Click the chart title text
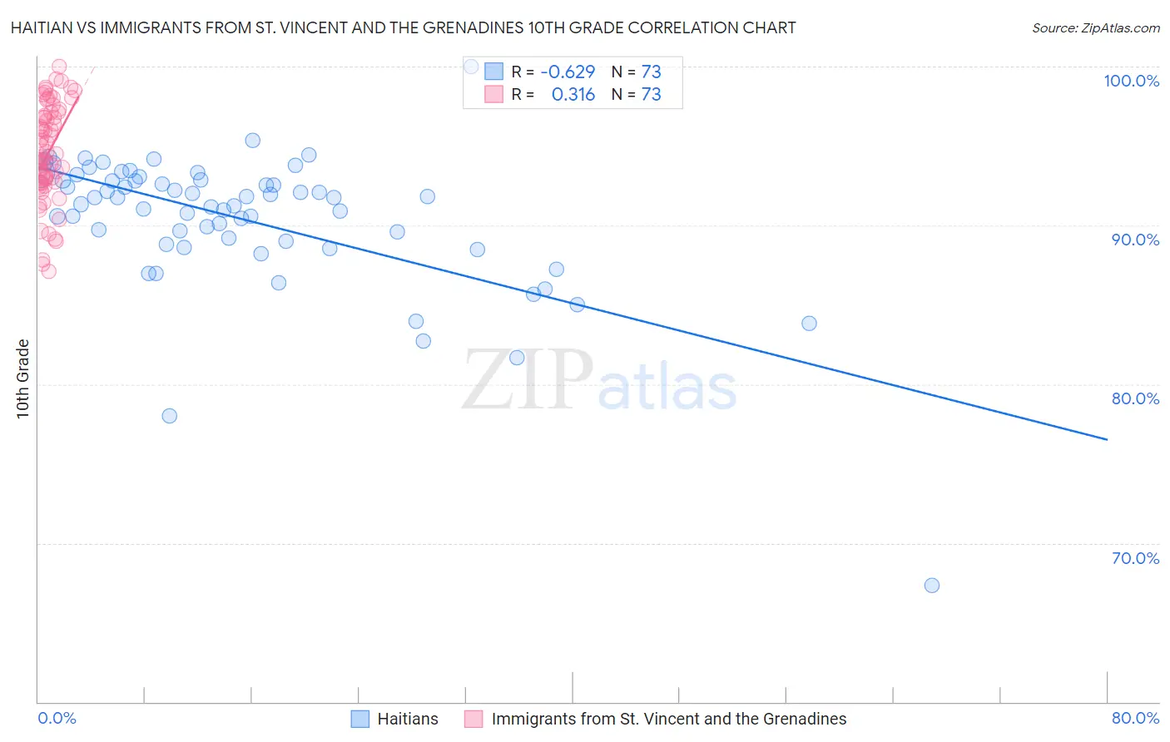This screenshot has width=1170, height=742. pyautogui.click(x=403, y=28)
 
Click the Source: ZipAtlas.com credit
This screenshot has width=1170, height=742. pyautogui.click(x=1095, y=28)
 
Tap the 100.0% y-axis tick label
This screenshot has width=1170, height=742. pyautogui.click(x=1131, y=81)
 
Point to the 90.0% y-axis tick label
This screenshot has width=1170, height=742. pyautogui.click(x=1135, y=240)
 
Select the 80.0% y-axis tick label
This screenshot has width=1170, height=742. pyautogui.click(x=1135, y=398)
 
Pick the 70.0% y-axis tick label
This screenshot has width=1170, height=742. pyautogui.click(x=1135, y=558)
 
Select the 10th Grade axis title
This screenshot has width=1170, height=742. pyautogui.click(x=23, y=378)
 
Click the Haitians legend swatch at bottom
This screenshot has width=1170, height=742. pyautogui.click(x=359, y=719)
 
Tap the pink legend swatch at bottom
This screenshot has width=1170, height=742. pyautogui.click(x=473, y=719)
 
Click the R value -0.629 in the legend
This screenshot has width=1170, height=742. pyautogui.click(x=568, y=72)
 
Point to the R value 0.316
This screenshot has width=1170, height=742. pyautogui.click(x=573, y=95)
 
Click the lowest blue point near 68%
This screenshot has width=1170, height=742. pyautogui.click(x=932, y=586)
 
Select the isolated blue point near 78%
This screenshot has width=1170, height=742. pyautogui.click(x=170, y=416)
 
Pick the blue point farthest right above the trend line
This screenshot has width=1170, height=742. pyautogui.click(x=809, y=324)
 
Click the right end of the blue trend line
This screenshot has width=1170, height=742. pyautogui.click(x=1107, y=439)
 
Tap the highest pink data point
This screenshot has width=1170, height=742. pyautogui.click(x=59, y=67)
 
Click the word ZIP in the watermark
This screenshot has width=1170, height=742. pyautogui.click(x=528, y=380)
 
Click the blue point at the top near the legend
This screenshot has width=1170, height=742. pyautogui.click(x=471, y=67)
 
